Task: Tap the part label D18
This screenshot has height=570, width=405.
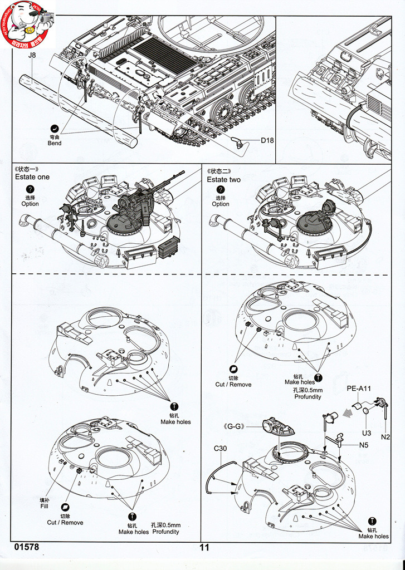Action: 267,141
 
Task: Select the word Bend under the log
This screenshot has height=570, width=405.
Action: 55,144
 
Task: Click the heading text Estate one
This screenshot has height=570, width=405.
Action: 32,177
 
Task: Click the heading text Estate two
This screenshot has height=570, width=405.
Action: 224,180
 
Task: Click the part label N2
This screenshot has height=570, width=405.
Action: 386,437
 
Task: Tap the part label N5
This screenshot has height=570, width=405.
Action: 364,445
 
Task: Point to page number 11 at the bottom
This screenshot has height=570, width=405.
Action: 204,547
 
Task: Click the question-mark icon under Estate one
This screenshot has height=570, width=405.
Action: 30,190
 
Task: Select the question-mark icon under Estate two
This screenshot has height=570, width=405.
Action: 221,190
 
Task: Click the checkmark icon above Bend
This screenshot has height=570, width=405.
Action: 55,128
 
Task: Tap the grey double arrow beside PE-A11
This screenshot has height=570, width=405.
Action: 348,412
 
